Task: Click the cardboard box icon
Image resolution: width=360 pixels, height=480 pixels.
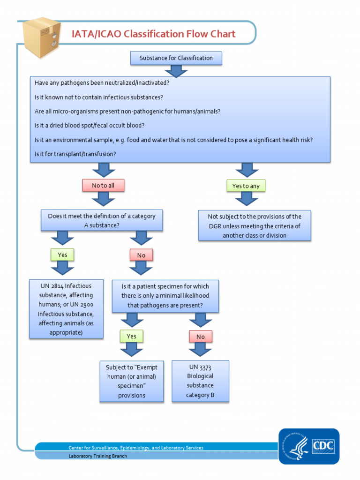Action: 42,37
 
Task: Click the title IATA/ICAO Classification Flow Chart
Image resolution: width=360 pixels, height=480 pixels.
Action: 153,34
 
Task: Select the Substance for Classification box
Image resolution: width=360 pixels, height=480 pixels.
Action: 176,58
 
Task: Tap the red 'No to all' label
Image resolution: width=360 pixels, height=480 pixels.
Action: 103,186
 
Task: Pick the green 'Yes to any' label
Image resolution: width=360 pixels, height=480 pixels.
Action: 246,186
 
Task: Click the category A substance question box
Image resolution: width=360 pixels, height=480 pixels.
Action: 102,221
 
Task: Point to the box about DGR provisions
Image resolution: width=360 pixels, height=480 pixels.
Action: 255,225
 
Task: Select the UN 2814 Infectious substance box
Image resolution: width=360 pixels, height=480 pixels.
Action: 66,309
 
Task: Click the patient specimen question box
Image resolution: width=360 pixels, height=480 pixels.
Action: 165,296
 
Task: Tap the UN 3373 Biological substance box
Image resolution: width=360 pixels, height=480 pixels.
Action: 200,381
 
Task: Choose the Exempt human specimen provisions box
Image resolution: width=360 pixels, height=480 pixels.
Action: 132,381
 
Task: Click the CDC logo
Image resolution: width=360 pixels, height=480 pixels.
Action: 309,446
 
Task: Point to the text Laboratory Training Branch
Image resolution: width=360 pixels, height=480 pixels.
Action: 97,456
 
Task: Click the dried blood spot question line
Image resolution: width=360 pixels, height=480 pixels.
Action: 90,126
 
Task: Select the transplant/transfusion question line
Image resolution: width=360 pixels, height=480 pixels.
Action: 75,154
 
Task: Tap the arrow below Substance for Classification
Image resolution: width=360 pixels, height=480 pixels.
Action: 176,71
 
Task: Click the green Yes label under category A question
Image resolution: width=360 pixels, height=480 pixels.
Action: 62,255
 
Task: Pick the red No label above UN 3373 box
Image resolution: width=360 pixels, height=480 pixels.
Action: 200,337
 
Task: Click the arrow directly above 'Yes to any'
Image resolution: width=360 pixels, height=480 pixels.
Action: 247,170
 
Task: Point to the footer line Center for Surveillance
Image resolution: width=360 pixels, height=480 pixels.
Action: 136,448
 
